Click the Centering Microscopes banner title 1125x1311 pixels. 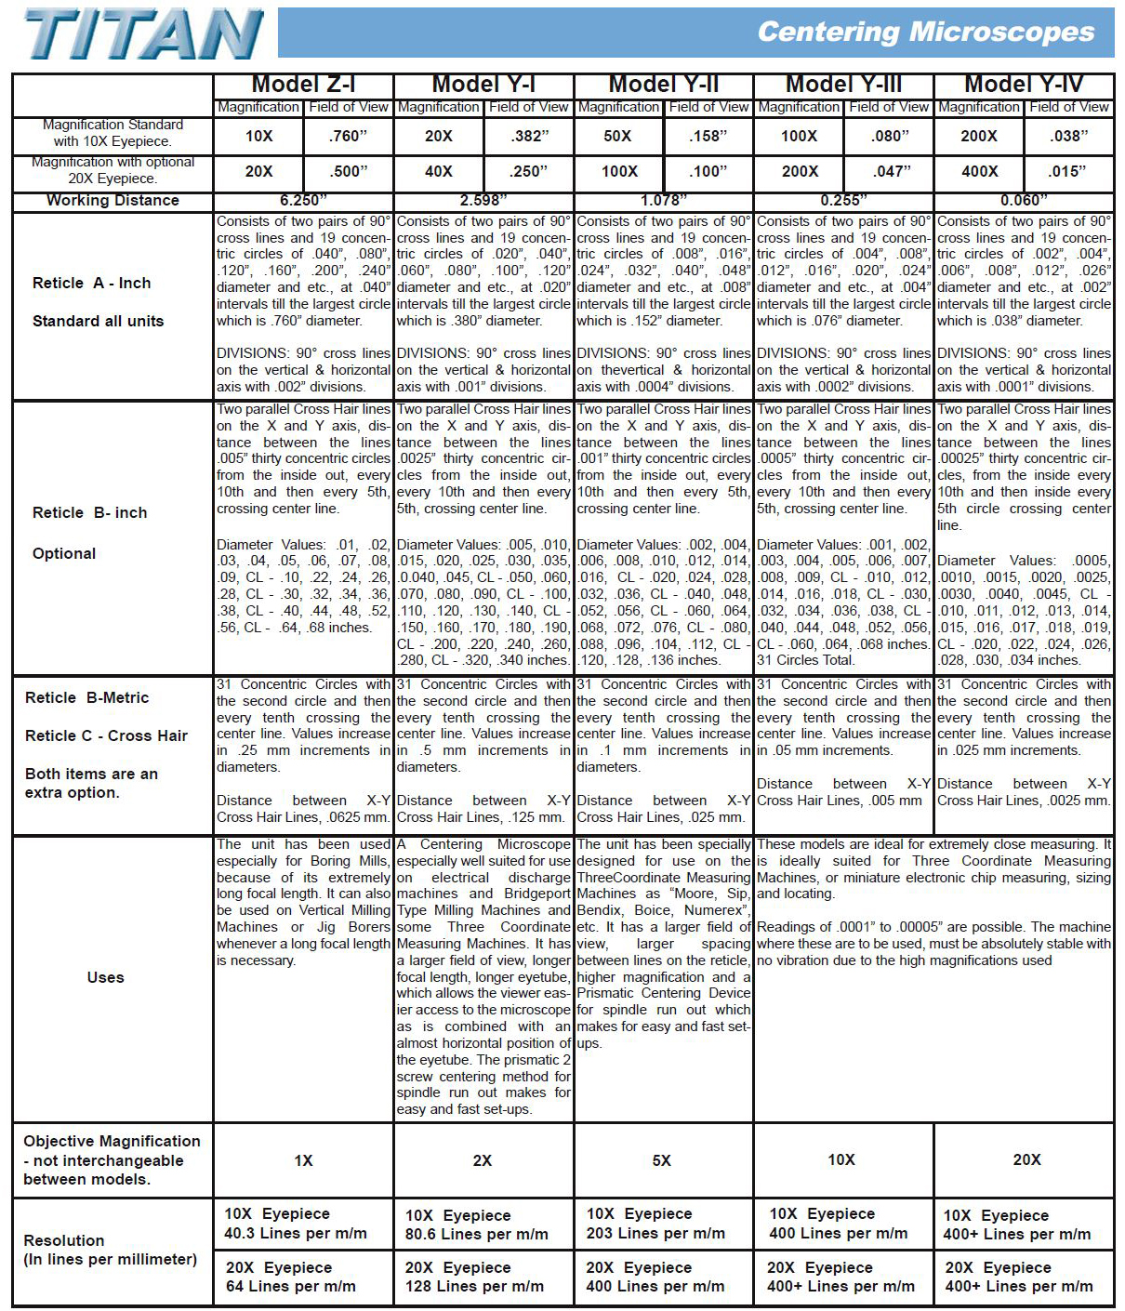coord(925,33)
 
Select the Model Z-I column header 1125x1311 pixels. coord(303,85)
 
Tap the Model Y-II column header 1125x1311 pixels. coord(664,85)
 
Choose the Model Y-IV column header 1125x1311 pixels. coord(1024,85)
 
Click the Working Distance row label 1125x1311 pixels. coord(112,201)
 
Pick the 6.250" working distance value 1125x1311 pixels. coord(303,201)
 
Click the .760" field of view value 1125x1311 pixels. coord(348,137)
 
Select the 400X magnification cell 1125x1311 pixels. coord(979,172)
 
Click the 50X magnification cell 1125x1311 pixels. coord(617,137)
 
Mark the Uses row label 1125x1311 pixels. coord(105,977)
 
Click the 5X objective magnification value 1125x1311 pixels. coord(661,1160)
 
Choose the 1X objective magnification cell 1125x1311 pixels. coord(303,1160)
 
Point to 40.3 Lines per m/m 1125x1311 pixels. coord(296,1234)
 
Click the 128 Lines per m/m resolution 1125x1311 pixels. coord(474,1287)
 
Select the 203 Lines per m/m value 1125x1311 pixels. coord(655,1234)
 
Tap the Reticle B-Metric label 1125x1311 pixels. coord(86,698)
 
